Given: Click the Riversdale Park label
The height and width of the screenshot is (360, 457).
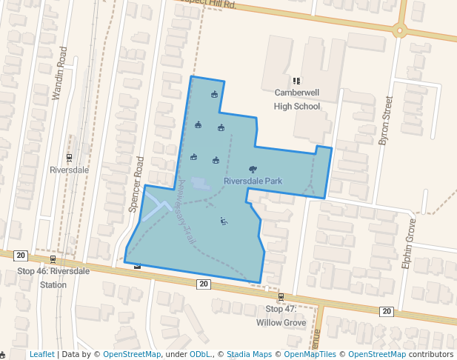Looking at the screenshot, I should [x=253, y=181].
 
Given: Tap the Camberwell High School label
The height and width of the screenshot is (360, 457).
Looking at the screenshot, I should [x=297, y=99].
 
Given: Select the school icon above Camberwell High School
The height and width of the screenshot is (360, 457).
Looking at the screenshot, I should [x=296, y=81].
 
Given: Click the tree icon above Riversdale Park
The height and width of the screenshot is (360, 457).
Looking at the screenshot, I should [x=253, y=170].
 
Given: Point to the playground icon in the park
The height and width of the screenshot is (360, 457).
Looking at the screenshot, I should [x=224, y=221].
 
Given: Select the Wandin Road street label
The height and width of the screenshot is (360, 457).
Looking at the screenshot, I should [x=60, y=73].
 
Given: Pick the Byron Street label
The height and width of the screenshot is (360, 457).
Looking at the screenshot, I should [x=384, y=119].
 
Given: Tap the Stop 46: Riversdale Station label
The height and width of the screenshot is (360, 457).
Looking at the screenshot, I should [x=53, y=277].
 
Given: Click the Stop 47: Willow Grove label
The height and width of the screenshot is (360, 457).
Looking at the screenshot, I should [x=281, y=316].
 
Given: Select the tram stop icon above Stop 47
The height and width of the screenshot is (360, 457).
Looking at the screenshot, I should [x=281, y=297].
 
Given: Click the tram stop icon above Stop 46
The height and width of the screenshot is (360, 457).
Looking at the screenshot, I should [x=53, y=259].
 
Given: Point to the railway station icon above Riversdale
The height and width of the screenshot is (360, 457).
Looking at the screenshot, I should [x=70, y=157].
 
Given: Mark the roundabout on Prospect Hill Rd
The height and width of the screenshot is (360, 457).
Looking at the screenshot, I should [x=400, y=30].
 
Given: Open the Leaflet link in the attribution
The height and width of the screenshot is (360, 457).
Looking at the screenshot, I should [x=41, y=354].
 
